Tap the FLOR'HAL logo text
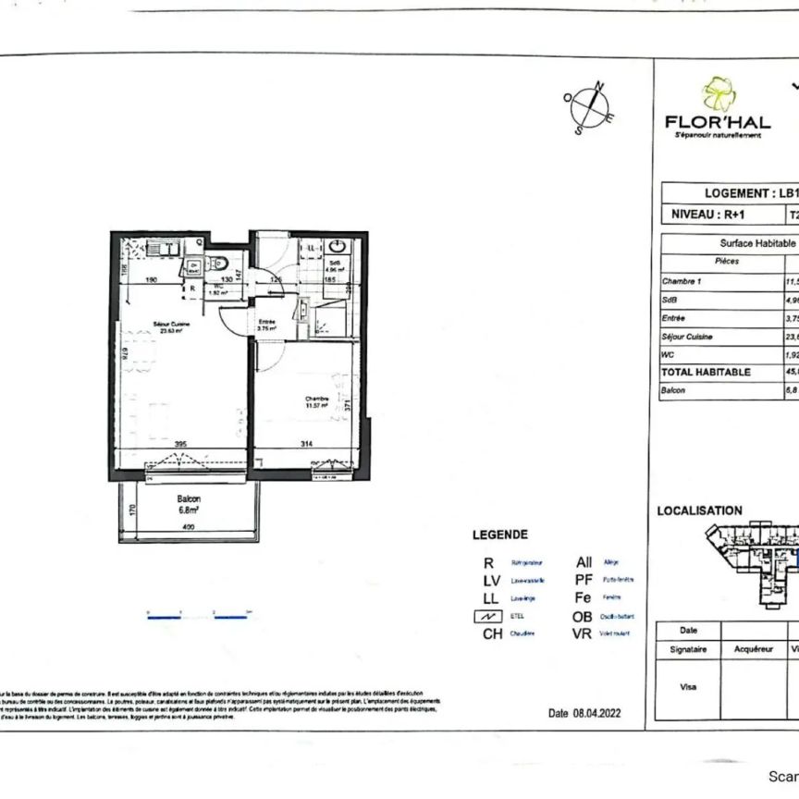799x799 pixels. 718,122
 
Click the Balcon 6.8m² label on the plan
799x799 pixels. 189,503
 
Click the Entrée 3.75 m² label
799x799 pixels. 267,325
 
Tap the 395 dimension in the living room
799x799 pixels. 181,445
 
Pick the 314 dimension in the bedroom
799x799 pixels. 307,445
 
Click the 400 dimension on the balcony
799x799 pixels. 189,527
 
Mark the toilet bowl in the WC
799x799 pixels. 212,261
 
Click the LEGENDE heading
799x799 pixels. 500,535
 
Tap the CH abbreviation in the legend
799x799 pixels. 493,634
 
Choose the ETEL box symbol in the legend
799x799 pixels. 492,617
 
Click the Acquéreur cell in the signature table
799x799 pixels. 753,650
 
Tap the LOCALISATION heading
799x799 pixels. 699,510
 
